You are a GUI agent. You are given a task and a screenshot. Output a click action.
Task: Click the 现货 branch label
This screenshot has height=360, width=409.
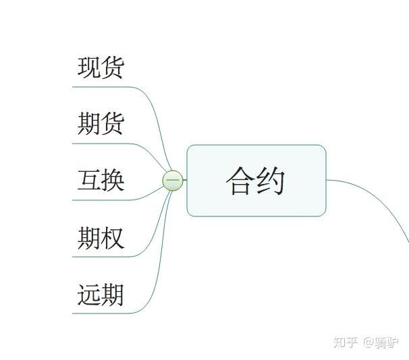pyautogui.click(x=101, y=67)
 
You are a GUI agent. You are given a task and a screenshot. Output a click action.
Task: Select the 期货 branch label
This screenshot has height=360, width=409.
pyautogui.click(x=101, y=124)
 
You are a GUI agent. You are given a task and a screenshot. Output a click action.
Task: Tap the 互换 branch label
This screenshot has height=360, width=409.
pyautogui.click(x=101, y=181)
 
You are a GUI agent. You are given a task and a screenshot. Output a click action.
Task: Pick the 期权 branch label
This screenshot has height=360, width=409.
pyautogui.click(x=101, y=237)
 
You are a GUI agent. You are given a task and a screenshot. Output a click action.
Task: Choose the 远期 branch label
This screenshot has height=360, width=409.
pyautogui.click(x=101, y=295)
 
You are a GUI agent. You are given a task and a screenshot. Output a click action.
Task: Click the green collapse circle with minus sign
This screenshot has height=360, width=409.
pyautogui.click(x=173, y=181)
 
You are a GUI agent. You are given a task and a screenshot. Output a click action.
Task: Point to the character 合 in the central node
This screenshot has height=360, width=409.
pyautogui.click(x=240, y=181)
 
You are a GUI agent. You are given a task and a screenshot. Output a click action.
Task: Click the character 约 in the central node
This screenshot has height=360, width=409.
pyautogui.click(x=271, y=181)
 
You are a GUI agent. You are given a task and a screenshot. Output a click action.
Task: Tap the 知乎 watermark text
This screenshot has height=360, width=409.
pyautogui.click(x=346, y=342)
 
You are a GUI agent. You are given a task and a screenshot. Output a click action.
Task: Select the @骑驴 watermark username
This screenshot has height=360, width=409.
pyautogui.click(x=381, y=342)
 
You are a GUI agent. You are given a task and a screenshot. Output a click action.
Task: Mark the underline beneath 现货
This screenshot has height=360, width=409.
pyautogui.click(x=101, y=87)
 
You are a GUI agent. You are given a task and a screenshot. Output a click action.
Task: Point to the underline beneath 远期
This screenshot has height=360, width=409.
pyautogui.click(x=101, y=313)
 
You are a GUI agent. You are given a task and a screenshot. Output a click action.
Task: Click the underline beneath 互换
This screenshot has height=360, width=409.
pyautogui.click(x=101, y=200)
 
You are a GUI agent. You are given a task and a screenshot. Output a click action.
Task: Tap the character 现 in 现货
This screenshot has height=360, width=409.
pyautogui.click(x=89, y=67)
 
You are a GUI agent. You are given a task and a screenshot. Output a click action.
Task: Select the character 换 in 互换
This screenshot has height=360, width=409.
pyautogui.click(x=113, y=181)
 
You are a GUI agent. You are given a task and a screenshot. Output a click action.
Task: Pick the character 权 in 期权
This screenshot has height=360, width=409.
pyautogui.click(x=113, y=237)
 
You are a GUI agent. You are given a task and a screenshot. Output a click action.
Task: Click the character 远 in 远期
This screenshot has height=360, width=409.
pyautogui.click(x=89, y=295)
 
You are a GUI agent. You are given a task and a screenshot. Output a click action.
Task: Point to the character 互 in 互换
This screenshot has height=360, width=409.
pyautogui.click(x=89, y=181)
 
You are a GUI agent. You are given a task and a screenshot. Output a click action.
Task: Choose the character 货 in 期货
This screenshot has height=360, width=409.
pyautogui.click(x=113, y=124)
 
